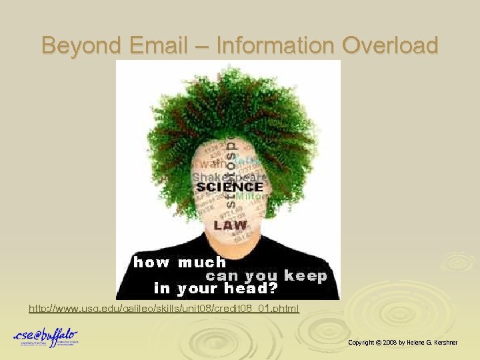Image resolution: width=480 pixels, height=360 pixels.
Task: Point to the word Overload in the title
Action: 390,45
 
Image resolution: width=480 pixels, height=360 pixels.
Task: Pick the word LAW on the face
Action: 231,225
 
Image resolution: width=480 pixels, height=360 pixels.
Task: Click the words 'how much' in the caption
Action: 180,262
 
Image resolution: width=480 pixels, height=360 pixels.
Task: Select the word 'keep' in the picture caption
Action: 305,275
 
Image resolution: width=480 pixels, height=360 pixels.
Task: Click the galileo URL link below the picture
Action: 164,309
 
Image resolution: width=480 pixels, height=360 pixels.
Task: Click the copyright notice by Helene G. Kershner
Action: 403,342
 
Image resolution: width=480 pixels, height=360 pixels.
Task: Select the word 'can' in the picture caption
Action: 223,275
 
